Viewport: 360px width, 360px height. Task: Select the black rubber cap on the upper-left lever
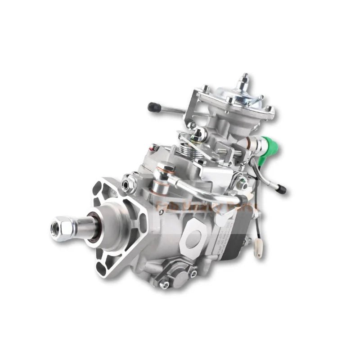(153, 107)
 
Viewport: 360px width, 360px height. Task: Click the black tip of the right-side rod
(281, 189)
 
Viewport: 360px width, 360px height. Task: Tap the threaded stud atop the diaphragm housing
(244, 79)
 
